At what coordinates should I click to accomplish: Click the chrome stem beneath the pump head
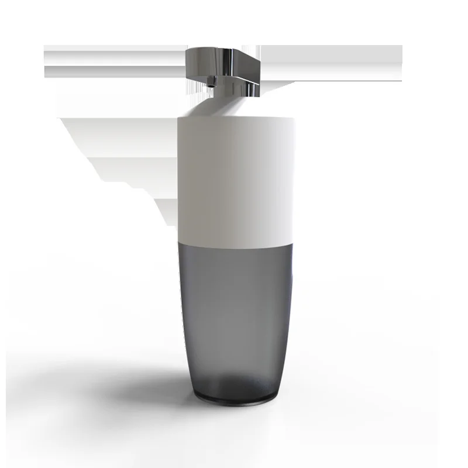point(248,88)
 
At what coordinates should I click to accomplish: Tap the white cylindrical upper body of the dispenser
point(234,175)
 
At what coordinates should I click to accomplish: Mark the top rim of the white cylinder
point(234,119)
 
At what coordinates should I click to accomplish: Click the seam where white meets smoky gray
point(234,245)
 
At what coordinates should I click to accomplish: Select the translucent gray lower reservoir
point(234,310)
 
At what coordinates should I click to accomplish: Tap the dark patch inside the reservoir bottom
point(234,383)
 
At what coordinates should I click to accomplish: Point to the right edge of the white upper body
point(293,175)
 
